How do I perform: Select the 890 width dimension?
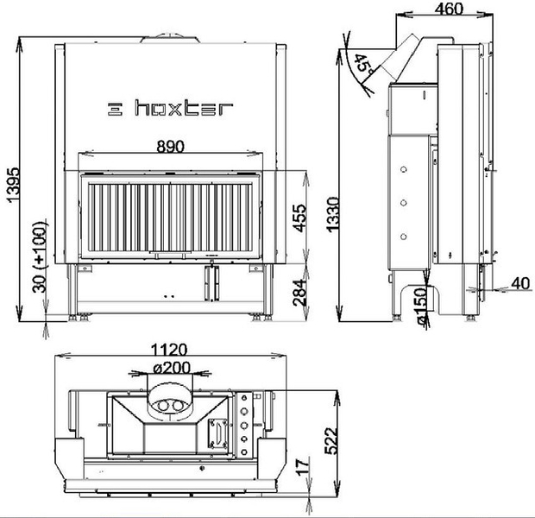170,147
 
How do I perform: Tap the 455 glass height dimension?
300,218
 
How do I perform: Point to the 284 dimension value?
300,292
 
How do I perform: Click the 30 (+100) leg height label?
40,257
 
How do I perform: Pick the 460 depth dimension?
449,9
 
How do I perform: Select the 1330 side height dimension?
333,214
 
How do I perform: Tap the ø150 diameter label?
422,306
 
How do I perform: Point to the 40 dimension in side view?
520,283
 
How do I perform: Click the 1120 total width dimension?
169,350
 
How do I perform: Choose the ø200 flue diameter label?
172,368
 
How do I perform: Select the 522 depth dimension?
331,440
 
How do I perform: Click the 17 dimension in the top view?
303,467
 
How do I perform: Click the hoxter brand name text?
185,108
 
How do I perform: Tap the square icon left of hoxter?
115,109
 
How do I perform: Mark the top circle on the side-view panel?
404,169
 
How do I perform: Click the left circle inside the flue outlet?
163,406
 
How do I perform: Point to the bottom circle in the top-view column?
244,452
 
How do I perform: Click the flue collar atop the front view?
170,38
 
